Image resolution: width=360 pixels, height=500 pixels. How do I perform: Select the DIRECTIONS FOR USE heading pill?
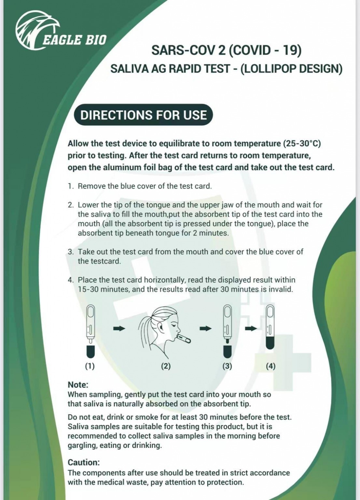point(143,115)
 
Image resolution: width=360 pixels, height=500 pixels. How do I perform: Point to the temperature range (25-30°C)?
point(302,144)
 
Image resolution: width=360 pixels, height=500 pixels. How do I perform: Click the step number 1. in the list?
point(71,186)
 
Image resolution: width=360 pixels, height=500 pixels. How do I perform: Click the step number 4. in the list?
point(71,280)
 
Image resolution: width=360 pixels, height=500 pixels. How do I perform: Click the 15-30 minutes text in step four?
point(104,289)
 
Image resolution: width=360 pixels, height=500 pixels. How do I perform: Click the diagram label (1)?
point(90,366)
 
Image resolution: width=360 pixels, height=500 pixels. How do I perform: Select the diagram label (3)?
point(227,366)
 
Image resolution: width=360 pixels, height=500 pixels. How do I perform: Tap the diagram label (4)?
point(270,366)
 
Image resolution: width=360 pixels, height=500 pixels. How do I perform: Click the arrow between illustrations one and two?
point(119,329)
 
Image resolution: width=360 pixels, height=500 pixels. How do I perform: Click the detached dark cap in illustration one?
point(90,352)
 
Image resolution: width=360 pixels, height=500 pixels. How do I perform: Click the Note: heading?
point(78,385)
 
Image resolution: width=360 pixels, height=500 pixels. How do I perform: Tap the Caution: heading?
point(84,462)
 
